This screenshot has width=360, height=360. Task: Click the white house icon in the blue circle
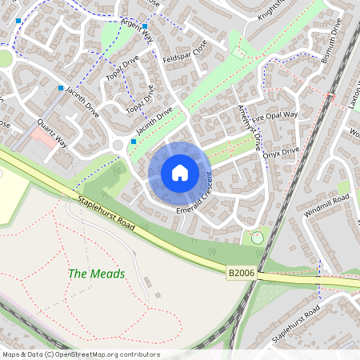coord(180,173)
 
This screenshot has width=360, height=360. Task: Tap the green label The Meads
coord(96,274)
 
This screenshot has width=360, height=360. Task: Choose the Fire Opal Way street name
coord(274,116)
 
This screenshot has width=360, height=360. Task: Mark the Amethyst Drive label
coord(249,124)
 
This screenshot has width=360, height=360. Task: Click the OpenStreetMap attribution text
coord(80,354)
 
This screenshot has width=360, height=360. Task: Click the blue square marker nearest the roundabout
coord(134,142)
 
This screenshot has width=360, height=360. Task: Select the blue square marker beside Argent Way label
coord(144,26)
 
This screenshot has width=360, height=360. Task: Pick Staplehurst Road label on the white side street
coord(295,321)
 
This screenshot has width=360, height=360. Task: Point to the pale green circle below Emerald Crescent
coord(256,237)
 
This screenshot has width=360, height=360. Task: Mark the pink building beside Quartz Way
coord(40,138)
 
